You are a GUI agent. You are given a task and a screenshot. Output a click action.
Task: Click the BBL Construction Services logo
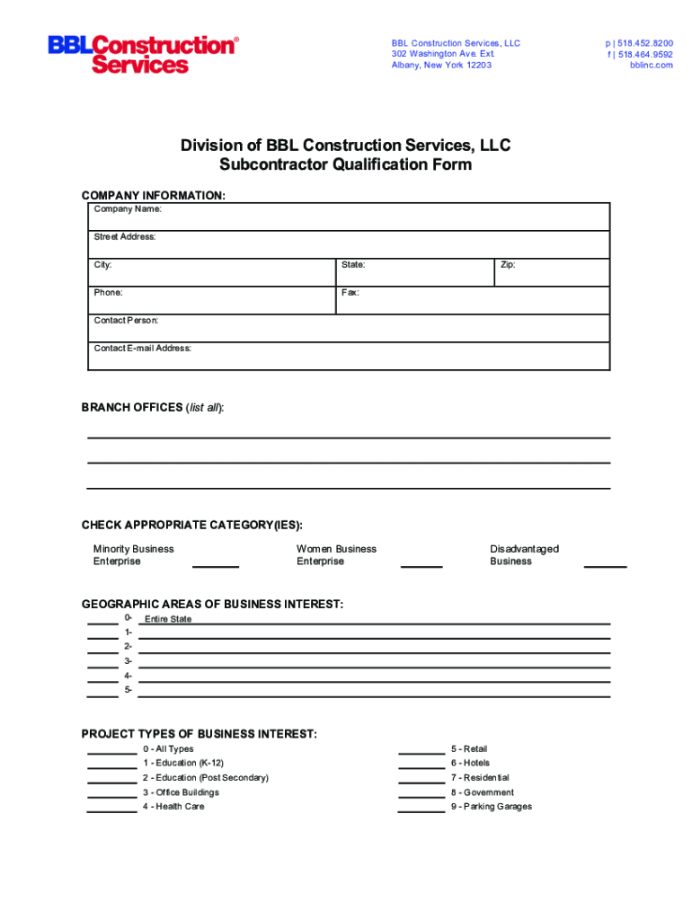click(x=144, y=54)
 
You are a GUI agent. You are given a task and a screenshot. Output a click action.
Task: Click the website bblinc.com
click(x=651, y=65)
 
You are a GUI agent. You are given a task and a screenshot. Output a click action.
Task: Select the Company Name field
click(x=349, y=217)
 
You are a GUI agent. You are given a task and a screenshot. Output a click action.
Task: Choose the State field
click(x=414, y=272)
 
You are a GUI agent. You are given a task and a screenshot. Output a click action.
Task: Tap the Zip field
click(x=552, y=272)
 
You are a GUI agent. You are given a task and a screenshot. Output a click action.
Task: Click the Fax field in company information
click(x=473, y=300)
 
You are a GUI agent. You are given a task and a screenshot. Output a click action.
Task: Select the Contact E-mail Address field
click(x=349, y=356)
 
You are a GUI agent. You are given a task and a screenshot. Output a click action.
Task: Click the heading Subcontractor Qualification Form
click(x=345, y=164)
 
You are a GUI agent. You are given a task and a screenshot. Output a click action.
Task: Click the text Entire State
click(x=168, y=619)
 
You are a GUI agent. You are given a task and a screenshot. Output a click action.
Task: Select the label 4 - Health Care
click(x=173, y=807)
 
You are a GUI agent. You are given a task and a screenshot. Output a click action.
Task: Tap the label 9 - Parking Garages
click(x=492, y=807)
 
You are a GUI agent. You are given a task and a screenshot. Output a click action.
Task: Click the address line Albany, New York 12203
click(x=441, y=65)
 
